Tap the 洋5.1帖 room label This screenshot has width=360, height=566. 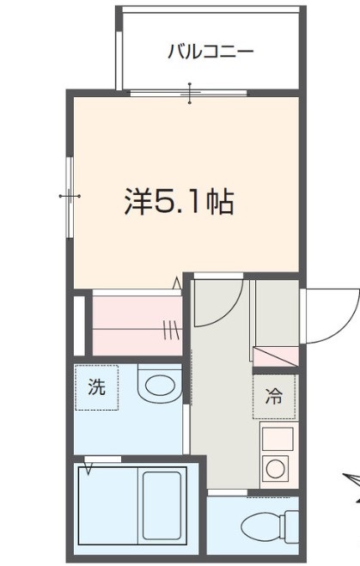[179, 202]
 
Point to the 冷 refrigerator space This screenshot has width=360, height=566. [273, 396]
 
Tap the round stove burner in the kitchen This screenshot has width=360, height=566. [277, 469]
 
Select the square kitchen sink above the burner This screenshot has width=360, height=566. [277, 439]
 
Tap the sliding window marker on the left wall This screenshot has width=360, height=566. [70, 197]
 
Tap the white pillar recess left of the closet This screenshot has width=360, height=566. [79, 324]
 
